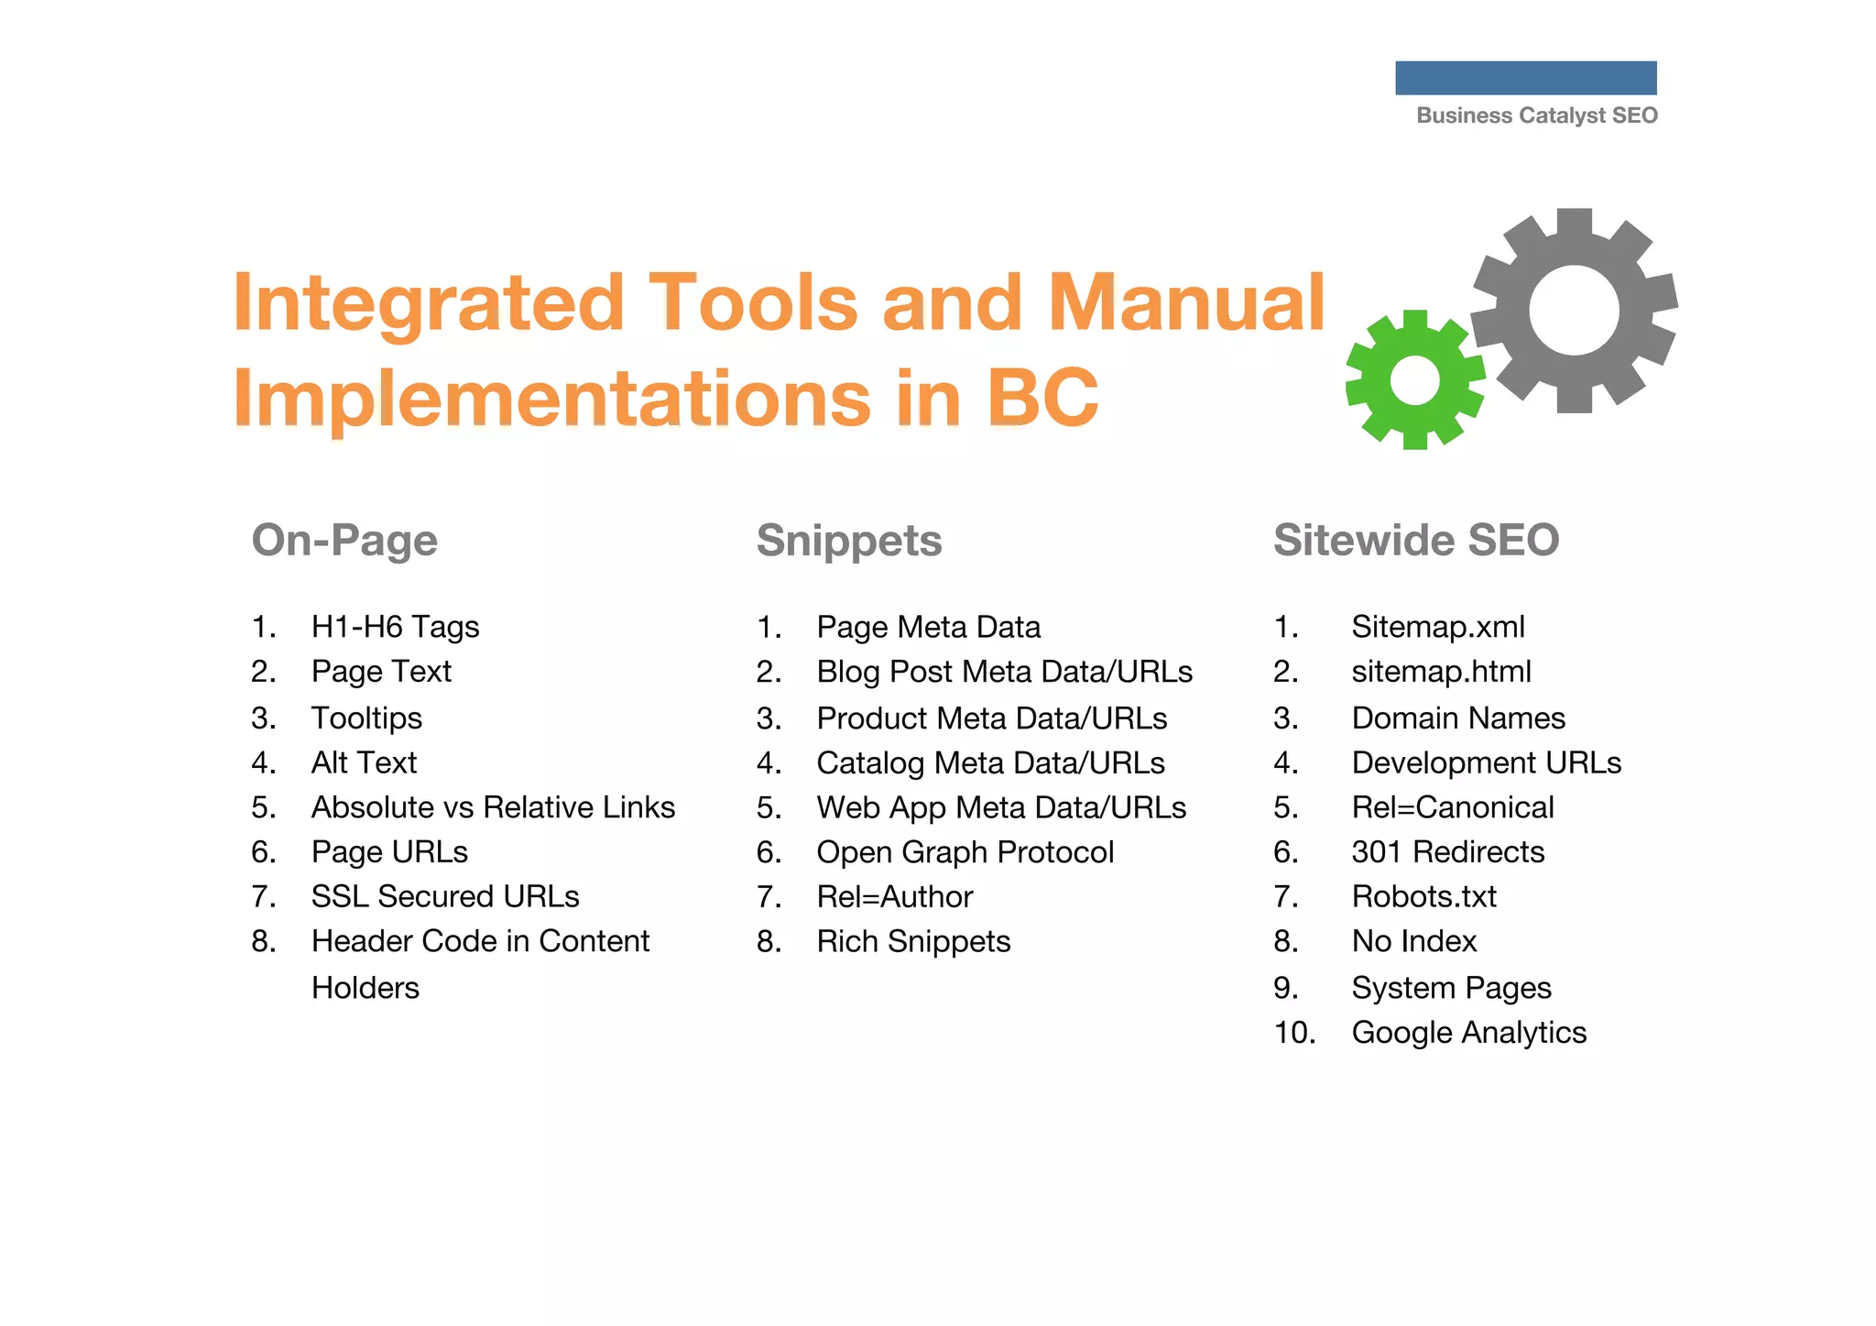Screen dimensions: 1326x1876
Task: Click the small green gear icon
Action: tap(1415, 380)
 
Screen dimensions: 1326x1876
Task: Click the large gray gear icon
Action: tap(1574, 310)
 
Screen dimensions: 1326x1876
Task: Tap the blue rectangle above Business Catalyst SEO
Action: tap(1525, 78)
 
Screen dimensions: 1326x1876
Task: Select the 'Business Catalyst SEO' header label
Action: tap(1536, 115)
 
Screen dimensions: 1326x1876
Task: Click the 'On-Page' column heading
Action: tap(344, 540)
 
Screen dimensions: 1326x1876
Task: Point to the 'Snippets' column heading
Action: tap(848, 540)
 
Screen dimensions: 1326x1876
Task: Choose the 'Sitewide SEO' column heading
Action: tap(1415, 540)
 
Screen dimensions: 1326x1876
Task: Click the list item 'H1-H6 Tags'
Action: tap(395, 627)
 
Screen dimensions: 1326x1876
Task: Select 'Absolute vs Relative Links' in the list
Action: tap(493, 807)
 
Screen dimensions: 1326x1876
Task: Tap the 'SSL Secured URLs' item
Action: tap(445, 896)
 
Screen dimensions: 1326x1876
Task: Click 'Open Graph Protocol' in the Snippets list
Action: tap(965, 852)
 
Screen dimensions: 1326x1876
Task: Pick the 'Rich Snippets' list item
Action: tap(913, 941)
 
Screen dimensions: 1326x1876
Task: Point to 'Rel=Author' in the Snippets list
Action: tap(894, 896)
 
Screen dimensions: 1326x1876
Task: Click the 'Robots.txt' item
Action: tap(1423, 896)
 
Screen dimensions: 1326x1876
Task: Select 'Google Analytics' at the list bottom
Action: tap(1468, 1033)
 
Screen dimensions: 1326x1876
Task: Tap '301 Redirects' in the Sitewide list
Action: tap(1447, 852)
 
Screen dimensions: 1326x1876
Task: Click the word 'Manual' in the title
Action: tap(1186, 302)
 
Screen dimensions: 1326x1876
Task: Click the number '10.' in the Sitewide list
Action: tap(1294, 1033)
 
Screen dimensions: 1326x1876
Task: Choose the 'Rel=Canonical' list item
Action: tap(1453, 807)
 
